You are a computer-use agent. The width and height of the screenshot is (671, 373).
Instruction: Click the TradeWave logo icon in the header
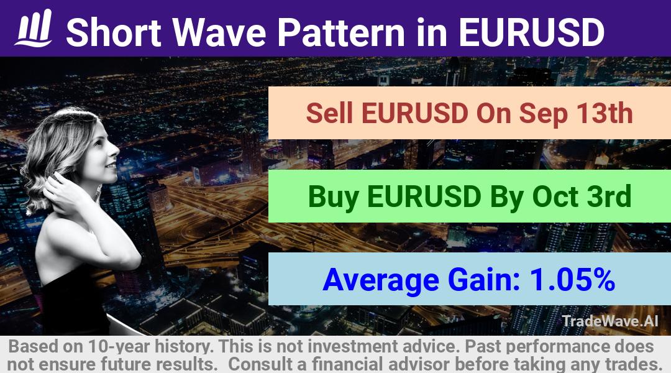pyautogui.click(x=34, y=28)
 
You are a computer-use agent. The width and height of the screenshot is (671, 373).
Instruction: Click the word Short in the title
pyautogui.click(x=114, y=32)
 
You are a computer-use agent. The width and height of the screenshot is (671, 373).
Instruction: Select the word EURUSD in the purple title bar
pyautogui.click(x=531, y=32)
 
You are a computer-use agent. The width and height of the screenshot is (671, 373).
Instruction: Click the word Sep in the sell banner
pyautogui.click(x=543, y=115)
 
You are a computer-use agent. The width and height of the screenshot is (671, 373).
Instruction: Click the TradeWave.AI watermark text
pyautogui.click(x=610, y=321)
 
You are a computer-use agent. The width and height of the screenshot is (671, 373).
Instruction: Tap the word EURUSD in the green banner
pyautogui.click(x=424, y=196)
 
